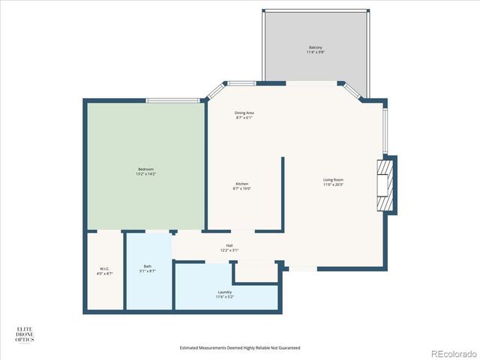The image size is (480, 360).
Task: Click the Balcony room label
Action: pos(315,49)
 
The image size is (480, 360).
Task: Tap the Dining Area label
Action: pos(244,115)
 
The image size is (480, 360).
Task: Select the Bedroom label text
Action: pos(146,171)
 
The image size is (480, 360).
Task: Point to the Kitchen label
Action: pos(242,186)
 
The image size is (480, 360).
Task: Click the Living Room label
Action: pos(333,181)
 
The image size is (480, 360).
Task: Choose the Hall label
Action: pos(229,247)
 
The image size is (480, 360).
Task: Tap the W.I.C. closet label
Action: pos(105,271)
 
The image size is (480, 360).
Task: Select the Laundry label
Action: pos(225,294)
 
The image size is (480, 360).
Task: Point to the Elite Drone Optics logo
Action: pos(25,334)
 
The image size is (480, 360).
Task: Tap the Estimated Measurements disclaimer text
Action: pos(240,348)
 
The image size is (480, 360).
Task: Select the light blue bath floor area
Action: pos(148,289)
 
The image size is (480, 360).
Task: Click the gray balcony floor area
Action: pos(315,67)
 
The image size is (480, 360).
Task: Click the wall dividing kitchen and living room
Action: pos(283,193)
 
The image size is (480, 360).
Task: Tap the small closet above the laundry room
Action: pos(256,271)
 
